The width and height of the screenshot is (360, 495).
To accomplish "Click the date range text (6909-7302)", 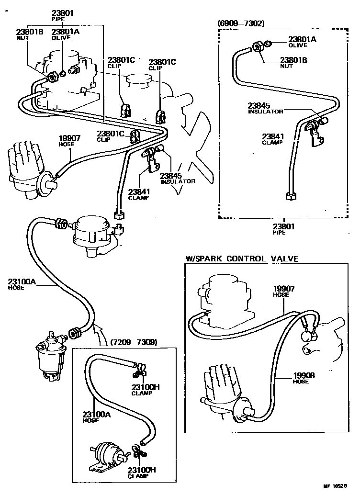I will click(241, 22).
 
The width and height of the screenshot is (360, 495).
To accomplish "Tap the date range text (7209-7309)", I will click(134, 342).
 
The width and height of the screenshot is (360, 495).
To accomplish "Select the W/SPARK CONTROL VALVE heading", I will click(242, 259).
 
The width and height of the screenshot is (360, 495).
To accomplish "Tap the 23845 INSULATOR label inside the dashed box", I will click(265, 108).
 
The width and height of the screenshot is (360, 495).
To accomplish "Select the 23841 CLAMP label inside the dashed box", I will click(272, 138).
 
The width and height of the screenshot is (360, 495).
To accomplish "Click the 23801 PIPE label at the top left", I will click(62, 16).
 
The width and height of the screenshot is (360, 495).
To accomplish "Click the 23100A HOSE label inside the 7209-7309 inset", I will click(96, 417).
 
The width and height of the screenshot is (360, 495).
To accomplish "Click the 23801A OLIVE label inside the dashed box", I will click(302, 42).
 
